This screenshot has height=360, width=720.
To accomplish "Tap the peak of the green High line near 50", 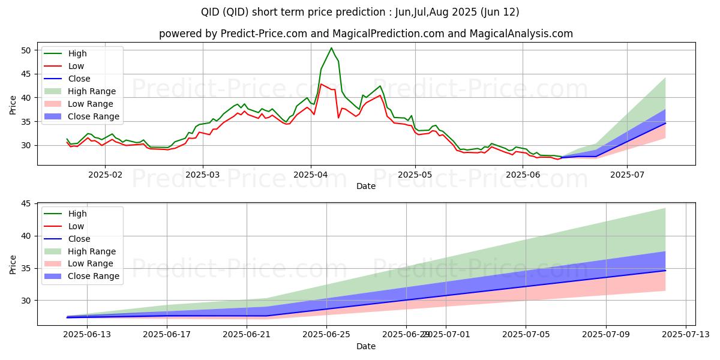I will [331, 48].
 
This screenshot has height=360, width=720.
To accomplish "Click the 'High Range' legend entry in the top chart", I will [92, 91].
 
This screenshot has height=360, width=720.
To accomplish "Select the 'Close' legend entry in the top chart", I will [79, 79].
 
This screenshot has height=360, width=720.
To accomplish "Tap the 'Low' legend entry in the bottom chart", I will [76, 226].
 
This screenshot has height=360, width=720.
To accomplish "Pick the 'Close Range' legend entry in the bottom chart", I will [94, 277].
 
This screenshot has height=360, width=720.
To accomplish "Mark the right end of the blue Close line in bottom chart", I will [665, 271].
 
